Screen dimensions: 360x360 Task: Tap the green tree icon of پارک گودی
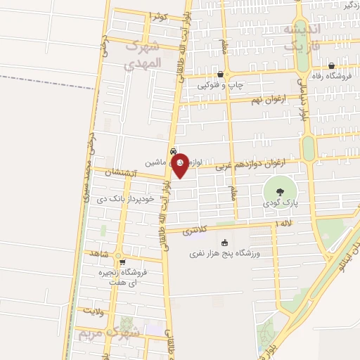pos(280,191)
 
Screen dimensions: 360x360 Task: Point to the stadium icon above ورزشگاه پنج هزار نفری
pos(225,243)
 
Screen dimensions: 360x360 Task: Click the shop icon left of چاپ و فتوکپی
pos(221,73)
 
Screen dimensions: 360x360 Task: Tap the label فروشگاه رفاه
pos(330,76)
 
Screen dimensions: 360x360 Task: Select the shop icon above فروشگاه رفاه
pos(330,65)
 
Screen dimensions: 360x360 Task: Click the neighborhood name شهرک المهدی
pos(142,55)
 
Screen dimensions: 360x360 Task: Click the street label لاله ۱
pos(284,223)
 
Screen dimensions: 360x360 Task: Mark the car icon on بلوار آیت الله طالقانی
pos(173,151)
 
